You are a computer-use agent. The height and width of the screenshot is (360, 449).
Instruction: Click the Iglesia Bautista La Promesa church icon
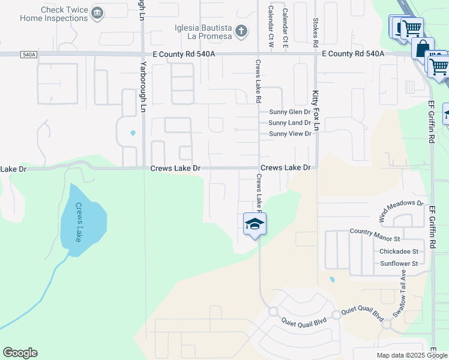pos(241,31)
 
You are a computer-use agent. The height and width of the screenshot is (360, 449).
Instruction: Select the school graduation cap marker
pos(255,224)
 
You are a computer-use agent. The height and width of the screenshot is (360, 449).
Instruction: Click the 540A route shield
pos(28,55)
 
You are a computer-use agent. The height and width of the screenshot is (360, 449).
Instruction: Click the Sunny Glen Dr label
pos(290,112)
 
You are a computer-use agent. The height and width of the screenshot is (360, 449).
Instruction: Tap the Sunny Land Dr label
pos(290,123)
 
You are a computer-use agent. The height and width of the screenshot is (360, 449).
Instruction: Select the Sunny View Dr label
pos(290,134)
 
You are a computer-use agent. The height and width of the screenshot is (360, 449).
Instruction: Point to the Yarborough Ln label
pos(143,87)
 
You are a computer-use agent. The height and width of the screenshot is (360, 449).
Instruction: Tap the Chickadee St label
pos(399,251)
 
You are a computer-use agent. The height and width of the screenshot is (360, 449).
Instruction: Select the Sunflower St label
pos(399,263)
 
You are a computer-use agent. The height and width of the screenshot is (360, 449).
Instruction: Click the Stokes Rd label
pos(315,32)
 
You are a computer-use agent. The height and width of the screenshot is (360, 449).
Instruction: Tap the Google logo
pos(20,353)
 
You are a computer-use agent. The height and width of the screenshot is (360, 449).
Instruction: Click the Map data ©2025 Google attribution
pos(412,355)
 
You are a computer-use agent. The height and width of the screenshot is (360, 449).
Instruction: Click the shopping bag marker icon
pos(423,48)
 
